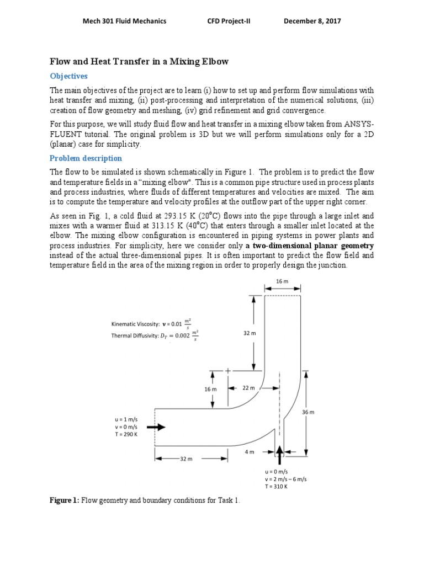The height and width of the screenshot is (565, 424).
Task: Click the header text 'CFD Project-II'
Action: [x=227, y=21]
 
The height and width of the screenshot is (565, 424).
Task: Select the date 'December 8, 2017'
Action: [x=312, y=21]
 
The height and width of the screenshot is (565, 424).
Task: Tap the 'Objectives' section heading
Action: [x=69, y=76]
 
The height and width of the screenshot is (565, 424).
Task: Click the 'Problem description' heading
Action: [x=86, y=158]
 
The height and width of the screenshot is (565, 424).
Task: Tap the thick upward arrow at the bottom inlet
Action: [x=279, y=455]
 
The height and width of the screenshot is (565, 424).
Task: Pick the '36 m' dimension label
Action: [x=308, y=413]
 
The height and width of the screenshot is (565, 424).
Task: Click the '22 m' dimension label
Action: [x=248, y=388]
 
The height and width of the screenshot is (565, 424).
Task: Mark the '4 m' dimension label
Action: [x=249, y=452]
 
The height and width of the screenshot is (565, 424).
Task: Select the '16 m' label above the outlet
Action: [x=282, y=281]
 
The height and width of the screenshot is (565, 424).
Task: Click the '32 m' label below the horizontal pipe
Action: [x=185, y=459]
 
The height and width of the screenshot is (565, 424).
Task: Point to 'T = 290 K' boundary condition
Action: [x=125, y=434]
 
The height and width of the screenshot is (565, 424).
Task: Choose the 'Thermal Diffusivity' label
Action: [x=135, y=335]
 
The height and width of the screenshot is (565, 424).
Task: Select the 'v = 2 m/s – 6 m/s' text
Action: [x=286, y=479]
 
